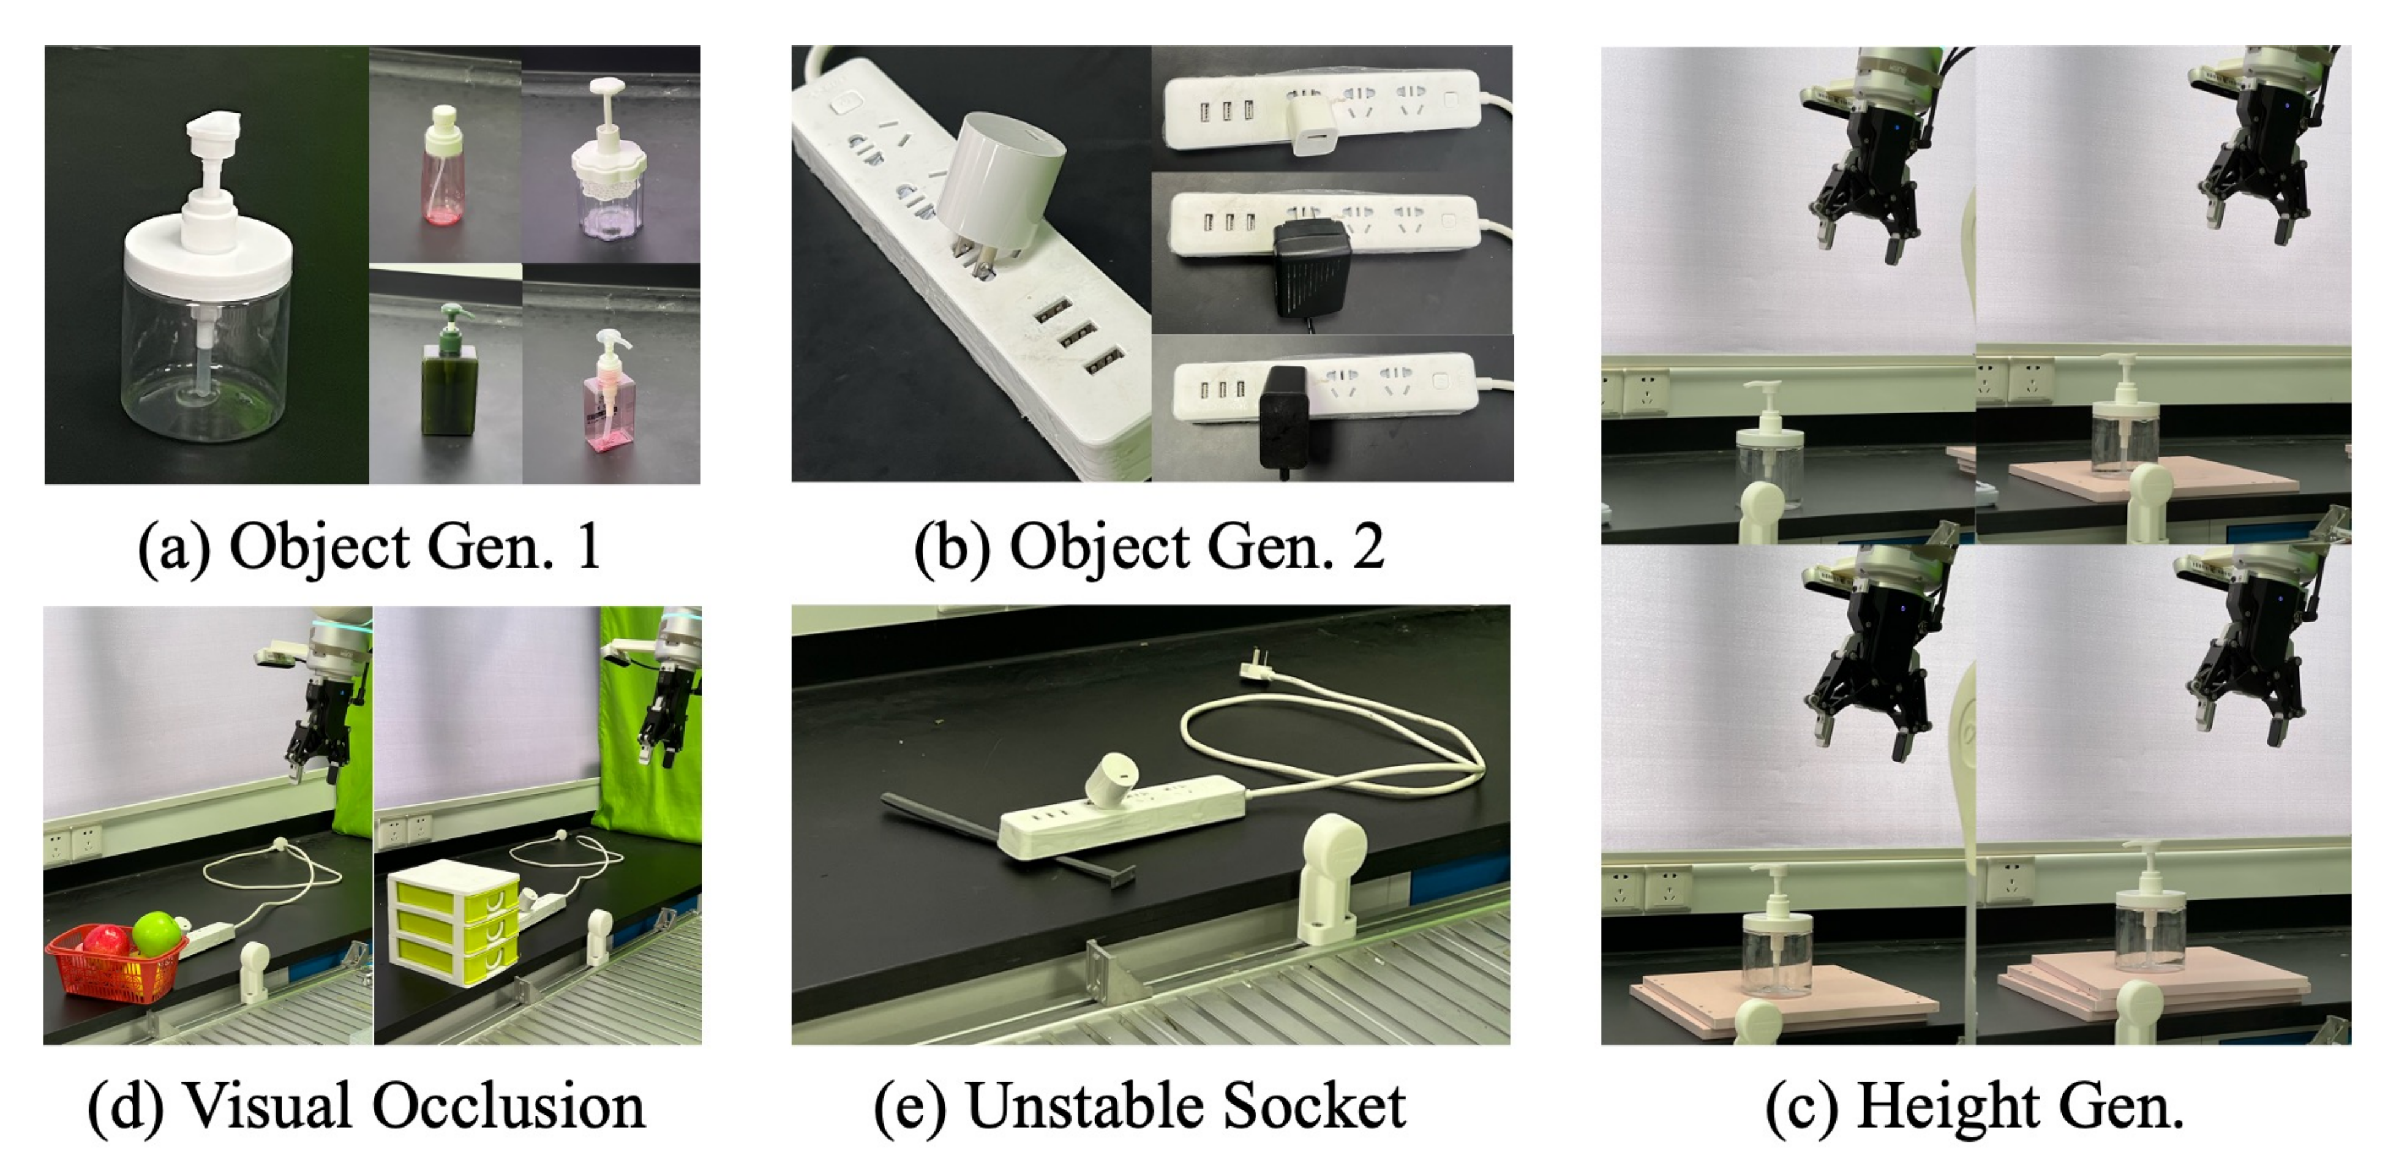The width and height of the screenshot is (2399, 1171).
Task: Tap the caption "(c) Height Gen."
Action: point(1974,1107)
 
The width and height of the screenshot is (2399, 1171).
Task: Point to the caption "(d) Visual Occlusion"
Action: point(366,1107)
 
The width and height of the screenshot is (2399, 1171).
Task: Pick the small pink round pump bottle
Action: point(443,177)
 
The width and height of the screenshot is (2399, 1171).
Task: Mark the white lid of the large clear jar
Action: point(208,261)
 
